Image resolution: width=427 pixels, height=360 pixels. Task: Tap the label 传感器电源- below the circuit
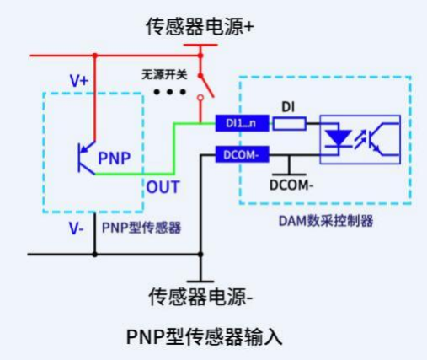(x=200, y=297)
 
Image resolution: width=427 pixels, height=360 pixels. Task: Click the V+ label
(x=78, y=80)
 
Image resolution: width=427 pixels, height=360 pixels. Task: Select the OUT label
(x=163, y=186)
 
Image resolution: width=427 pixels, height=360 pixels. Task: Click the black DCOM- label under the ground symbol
(x=291, y=187)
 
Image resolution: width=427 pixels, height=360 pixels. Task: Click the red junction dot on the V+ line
(x=94, y=56)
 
